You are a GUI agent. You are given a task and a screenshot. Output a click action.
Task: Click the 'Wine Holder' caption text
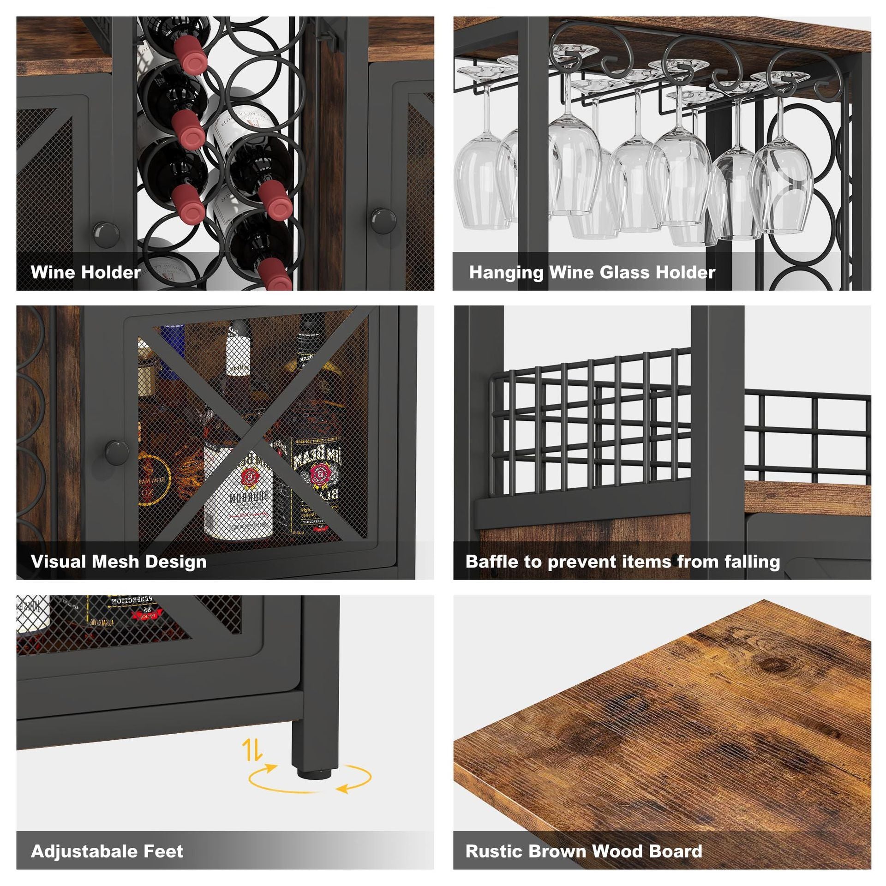[85, 272]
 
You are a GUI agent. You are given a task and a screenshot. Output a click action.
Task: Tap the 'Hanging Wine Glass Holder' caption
[592, 272]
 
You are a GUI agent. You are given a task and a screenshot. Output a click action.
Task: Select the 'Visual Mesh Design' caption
[119, 562]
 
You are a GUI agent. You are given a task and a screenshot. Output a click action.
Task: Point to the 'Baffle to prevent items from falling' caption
[623, 562]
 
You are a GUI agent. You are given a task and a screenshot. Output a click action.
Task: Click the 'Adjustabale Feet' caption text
[107, 850]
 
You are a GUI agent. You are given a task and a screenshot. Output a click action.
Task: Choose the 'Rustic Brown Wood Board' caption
[584, 850]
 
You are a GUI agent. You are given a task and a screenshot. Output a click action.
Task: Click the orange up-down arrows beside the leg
[253, 749]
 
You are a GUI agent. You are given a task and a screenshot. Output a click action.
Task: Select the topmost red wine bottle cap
[187, 54]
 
